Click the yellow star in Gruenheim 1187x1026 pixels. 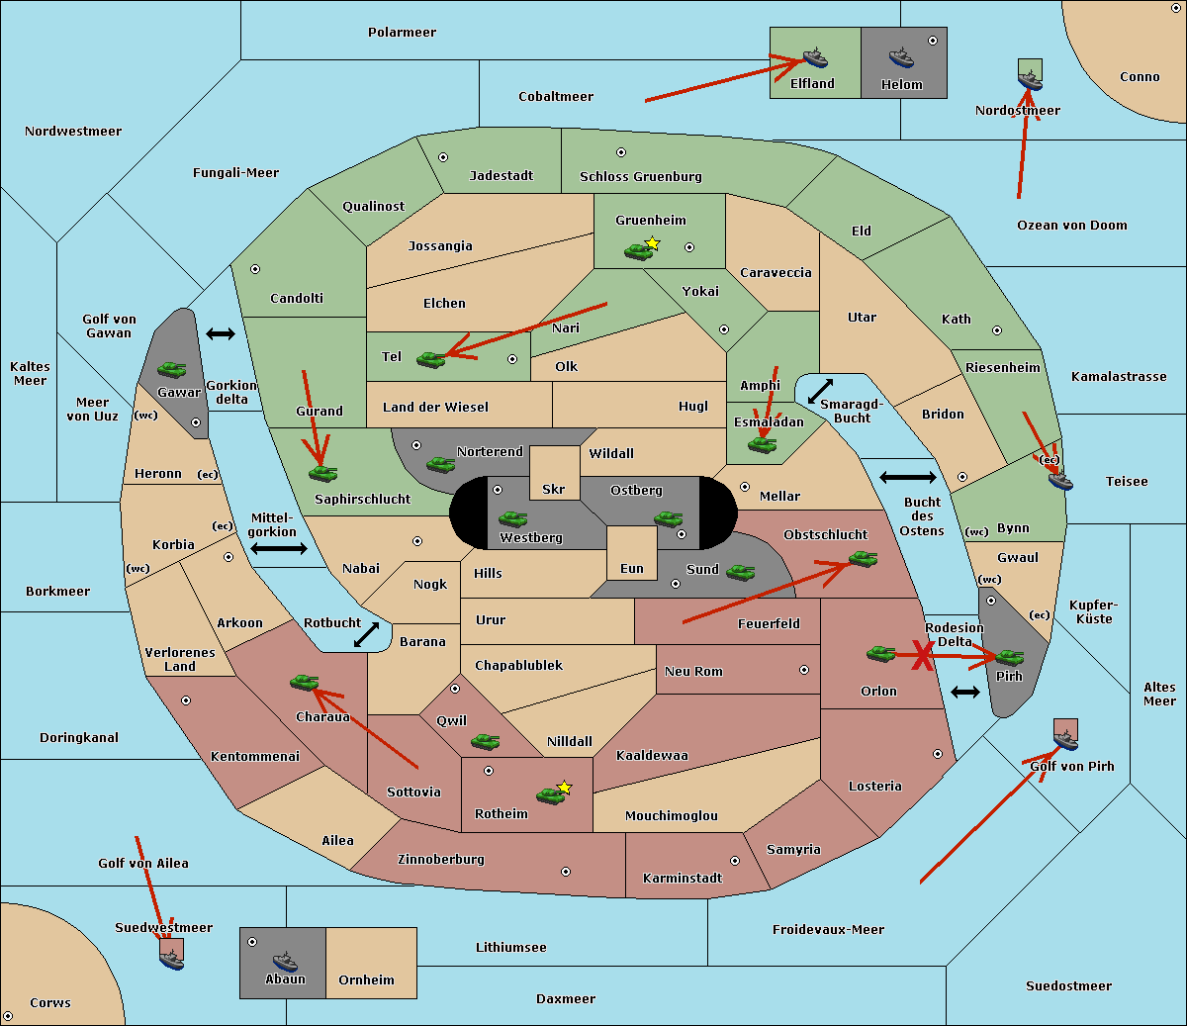click(652, 242)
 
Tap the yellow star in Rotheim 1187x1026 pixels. click(564, 788)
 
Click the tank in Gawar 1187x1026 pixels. click(171, 369)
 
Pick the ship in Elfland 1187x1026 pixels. click(814, 58)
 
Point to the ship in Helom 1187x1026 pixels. click(900, 58)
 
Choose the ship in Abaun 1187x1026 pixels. click(285, 961)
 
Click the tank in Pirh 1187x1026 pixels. click(1009, 657)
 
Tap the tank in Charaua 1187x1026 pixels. click(304, 682)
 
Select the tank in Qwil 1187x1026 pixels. click(485, 741)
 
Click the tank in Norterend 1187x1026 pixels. click(440, 464)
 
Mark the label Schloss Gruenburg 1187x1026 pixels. click(640, 177)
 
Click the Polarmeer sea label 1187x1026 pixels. click(402, 33)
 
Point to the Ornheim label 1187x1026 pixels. click(366, 980)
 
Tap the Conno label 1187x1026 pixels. click(1140, 77)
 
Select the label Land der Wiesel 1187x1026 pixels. click(435, 407)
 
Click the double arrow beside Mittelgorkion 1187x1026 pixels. click(279, 548)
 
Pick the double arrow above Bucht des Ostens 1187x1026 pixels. click(907, 478)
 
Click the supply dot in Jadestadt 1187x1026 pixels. click(443, 156)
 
